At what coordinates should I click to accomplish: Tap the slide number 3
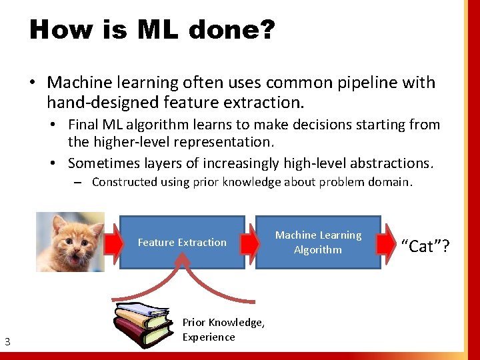coord(7,343)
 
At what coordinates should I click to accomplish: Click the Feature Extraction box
coord(182,243)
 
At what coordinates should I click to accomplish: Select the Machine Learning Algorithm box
coord(318,242)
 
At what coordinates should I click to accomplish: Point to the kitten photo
coord(69,241)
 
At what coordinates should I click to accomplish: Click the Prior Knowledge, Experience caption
coord(223,329)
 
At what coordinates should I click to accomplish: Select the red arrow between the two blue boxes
coord(250,243)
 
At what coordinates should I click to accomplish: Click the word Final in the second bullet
coord(83,125)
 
